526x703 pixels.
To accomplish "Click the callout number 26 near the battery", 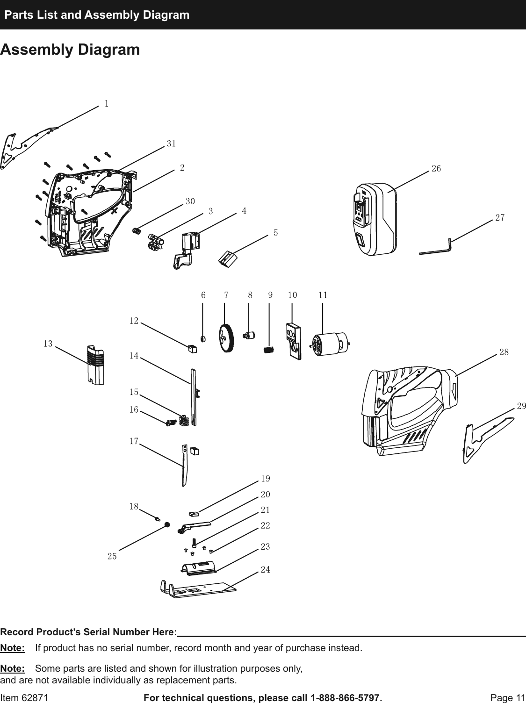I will coord(436,168).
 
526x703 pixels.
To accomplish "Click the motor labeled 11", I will coord(329,345).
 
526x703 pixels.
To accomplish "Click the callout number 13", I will coord(48,344).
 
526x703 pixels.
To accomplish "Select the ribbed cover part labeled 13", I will coord(95,365).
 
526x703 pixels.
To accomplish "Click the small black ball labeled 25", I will coord(167,525).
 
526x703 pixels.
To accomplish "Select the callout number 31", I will coord(171,144).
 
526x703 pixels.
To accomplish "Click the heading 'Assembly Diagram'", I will coord(70,50).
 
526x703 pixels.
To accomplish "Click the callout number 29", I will coord(521,406).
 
